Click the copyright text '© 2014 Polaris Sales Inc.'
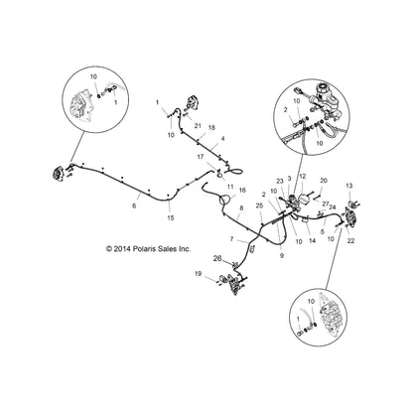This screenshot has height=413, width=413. [x=106, y=250]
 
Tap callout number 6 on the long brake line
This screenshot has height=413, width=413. [x=134, y=206]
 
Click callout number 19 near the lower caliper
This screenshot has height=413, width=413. [x=199, y=301]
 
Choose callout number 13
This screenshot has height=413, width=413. [x=348, y=186]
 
